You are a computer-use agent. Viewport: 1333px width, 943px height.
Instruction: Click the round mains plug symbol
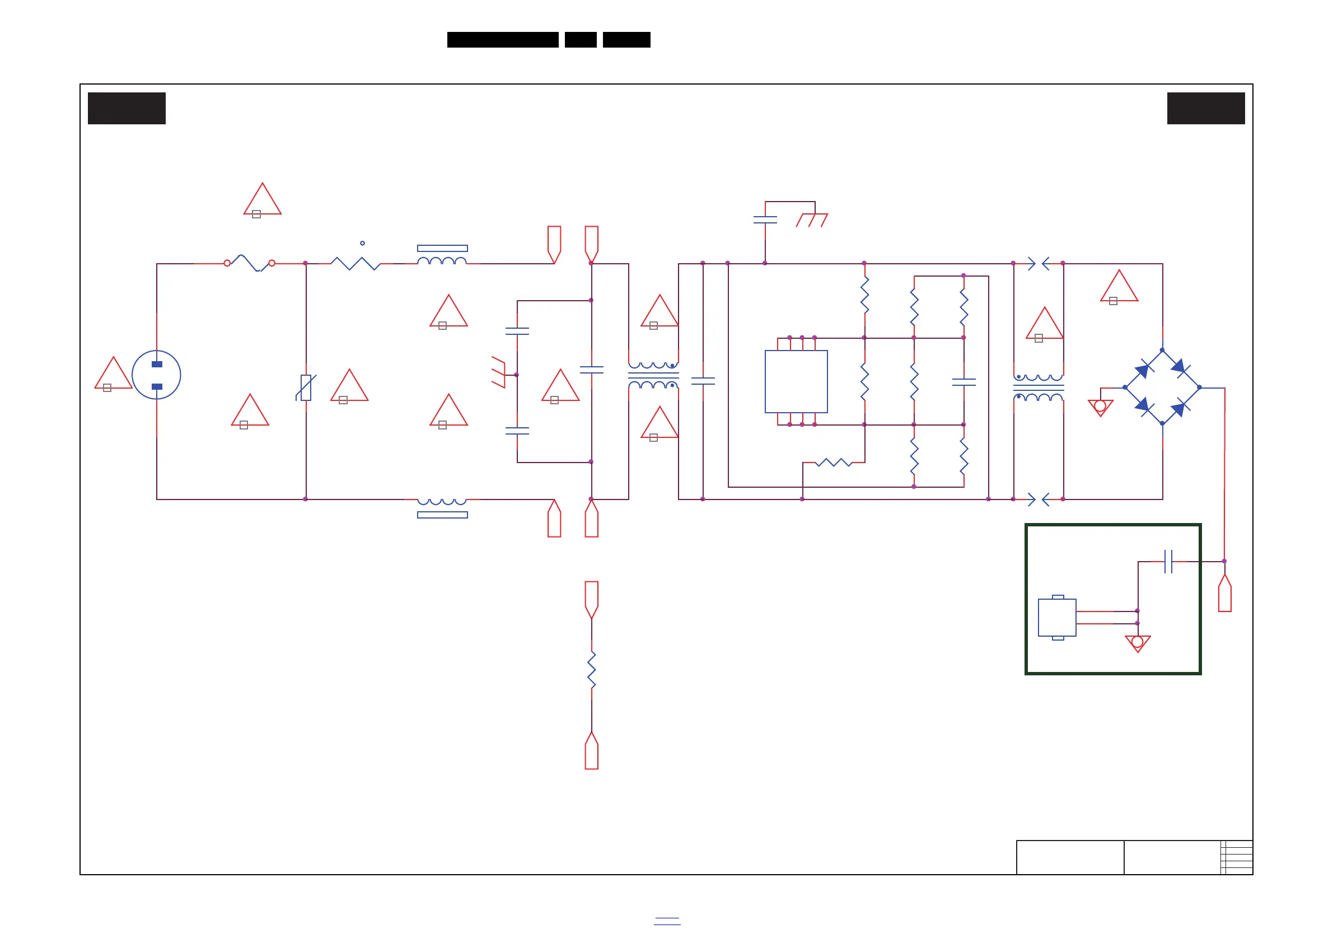pos(156,375)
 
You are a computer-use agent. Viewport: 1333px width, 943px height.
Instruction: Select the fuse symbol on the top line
pos(250,263)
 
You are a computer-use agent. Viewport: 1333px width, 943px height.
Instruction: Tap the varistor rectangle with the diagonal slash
pos(306,388)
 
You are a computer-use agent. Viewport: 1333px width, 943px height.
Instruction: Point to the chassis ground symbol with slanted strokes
pos(812,220)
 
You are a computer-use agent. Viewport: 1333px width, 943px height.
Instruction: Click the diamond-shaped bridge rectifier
pos(1162,387)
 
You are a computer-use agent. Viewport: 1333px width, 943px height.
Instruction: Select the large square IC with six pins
pos(796,381)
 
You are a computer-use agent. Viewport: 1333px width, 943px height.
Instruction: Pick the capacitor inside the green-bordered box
pos(1168,562)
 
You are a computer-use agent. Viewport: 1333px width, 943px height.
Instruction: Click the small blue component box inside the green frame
pos(1056,617)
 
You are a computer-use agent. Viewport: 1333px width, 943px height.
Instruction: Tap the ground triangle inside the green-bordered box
pos(1138,643)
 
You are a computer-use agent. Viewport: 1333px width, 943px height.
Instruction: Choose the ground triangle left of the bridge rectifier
pos(1100,407)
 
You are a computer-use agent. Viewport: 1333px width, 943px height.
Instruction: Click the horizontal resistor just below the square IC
pos(833,462)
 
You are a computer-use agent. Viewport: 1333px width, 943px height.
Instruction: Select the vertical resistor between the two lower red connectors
pos(592,670)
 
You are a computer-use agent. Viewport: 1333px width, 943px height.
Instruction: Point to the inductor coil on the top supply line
pos(442,260)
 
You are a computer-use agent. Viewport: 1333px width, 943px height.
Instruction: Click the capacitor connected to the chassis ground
pos(765,220)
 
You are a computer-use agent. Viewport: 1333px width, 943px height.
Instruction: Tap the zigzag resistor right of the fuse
pos(356,263)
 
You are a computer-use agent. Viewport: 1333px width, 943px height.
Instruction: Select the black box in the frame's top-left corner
pos(127,108)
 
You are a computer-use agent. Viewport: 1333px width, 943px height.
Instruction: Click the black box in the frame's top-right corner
pos(1206,108)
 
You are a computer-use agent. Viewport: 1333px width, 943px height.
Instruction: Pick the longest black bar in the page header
pos(503,40)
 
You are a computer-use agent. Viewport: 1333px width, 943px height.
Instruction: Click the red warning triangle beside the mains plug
pos(113,375)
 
